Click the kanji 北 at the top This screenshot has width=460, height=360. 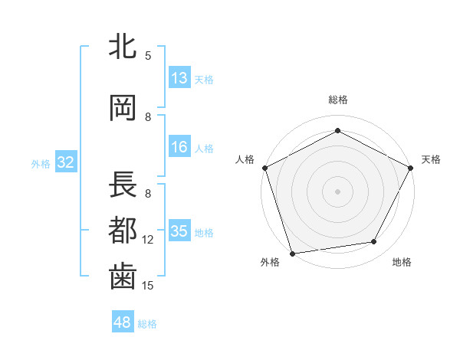pos(123,47)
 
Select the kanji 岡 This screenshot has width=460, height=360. pos(123,108)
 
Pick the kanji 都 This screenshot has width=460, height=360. pos(123,230)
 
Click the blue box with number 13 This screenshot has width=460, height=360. pos(179,78)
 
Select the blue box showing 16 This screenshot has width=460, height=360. pos(179,148)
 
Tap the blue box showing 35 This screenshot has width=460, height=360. pos(179,232)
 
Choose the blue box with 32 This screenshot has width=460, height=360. pos(65,162)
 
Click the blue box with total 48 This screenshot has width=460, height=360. pos(123,322)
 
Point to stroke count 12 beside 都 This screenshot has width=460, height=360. pos(148,240)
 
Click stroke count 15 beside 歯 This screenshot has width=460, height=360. pos(148,286)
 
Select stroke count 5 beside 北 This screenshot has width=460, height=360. pos(148,55)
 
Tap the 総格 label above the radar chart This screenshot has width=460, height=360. pos(337,100)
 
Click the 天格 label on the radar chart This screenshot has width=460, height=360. pos(431,159)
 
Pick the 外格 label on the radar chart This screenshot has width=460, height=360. pos(270,263)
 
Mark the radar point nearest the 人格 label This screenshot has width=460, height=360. pos(264,167)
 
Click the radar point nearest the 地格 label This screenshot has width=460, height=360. pos(374,242)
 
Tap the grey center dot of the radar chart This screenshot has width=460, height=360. pos(337,191)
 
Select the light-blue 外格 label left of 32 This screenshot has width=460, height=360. pos(41,163)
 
